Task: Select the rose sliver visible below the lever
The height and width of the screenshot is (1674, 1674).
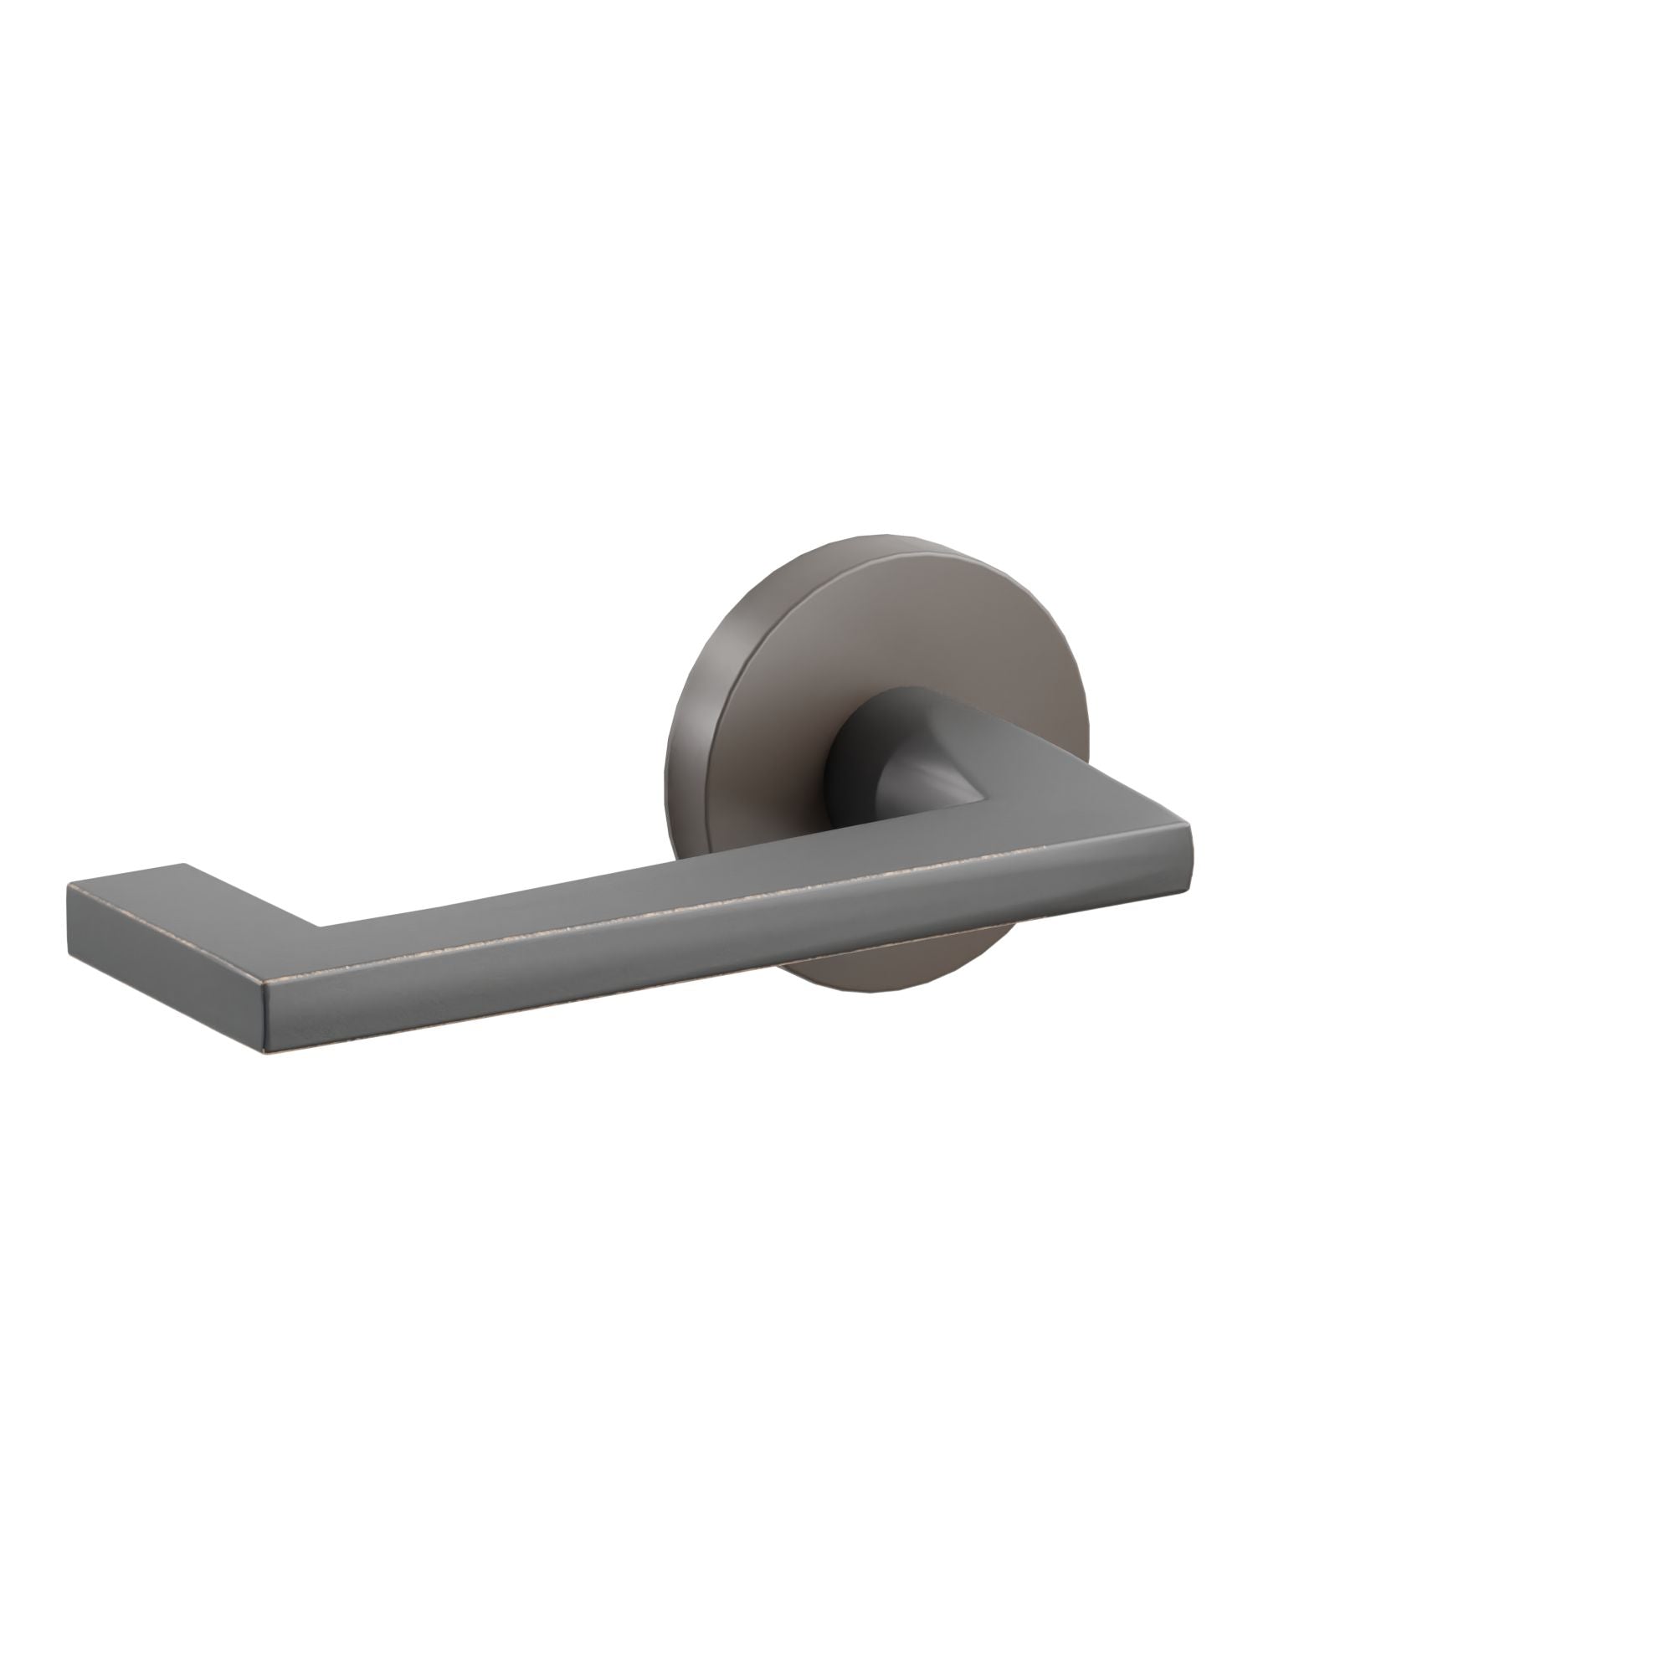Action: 892,975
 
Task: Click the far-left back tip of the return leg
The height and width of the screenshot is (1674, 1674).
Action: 69,885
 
